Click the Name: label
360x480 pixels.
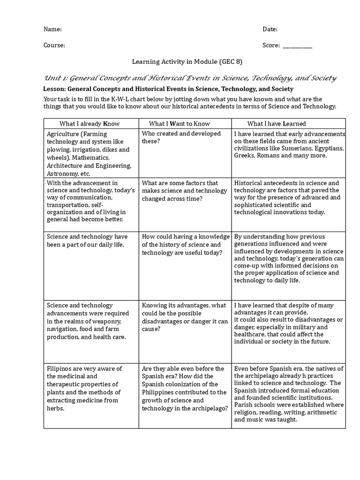click(52, 29)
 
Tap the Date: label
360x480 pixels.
click(270, 29)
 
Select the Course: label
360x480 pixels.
click(54, 45)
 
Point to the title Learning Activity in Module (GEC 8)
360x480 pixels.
click(180, 61)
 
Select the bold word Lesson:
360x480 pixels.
click(54, 89)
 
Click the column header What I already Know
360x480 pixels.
click(90, 124)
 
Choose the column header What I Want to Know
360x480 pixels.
click(180, 124)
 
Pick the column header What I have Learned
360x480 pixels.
click(277, 124)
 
